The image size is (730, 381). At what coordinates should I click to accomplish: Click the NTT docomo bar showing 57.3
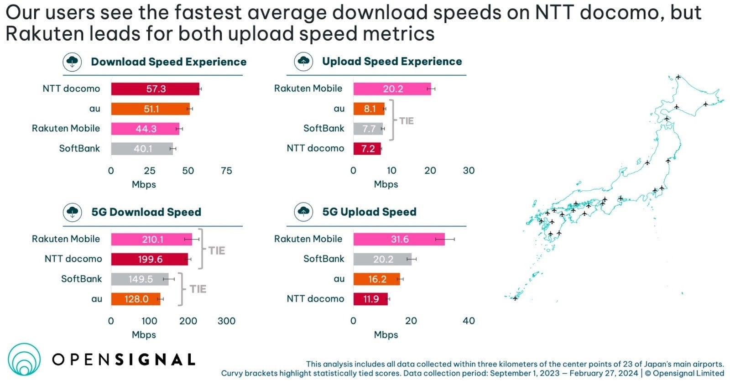[x=155, y=89]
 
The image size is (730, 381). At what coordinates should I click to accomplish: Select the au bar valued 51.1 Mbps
[x=150, y=109]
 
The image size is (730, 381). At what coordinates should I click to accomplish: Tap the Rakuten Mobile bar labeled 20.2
[x=392, y=89]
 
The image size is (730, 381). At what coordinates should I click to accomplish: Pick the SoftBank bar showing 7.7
[x=368, y=129]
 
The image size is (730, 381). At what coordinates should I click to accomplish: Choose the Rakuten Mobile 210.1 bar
[x=151, y=239]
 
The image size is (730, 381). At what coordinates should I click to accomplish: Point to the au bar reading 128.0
[x=136, y=299]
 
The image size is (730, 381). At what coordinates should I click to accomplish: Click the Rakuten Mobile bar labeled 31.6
[x=399, y=239]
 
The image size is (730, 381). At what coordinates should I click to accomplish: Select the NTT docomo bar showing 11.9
[x=370, y=299]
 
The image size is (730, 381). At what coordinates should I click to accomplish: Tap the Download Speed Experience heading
[x=168, y=62]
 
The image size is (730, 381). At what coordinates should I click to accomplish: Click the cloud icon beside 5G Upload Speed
[x=303, y=212]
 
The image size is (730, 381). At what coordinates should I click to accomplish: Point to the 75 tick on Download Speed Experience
[x=226, y=171]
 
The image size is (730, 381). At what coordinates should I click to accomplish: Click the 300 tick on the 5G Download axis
[x=226, y=321]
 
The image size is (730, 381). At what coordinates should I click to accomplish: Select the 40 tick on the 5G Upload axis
[x=469, y=321]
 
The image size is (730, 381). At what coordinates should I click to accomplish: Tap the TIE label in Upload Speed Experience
[x=407, y=121]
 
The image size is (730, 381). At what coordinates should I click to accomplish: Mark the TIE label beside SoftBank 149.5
[x=198, y=289]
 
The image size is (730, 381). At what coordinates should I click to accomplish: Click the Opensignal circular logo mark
[x=24, y=360]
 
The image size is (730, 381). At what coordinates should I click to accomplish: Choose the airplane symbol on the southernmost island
[x=515, y=298]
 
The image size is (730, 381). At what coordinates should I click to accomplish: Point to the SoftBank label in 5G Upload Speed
[x=323, y=259]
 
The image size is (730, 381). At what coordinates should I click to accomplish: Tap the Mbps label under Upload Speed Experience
[x=386, y=184]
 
